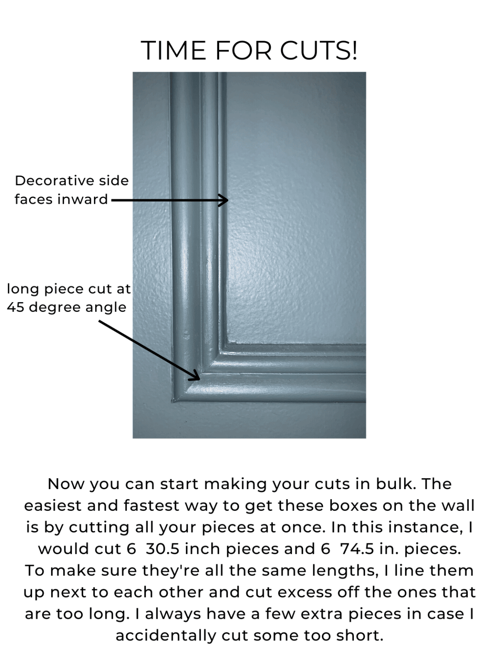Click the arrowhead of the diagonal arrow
click(x=195, y=376)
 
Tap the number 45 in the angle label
click(x=15, y=307)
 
